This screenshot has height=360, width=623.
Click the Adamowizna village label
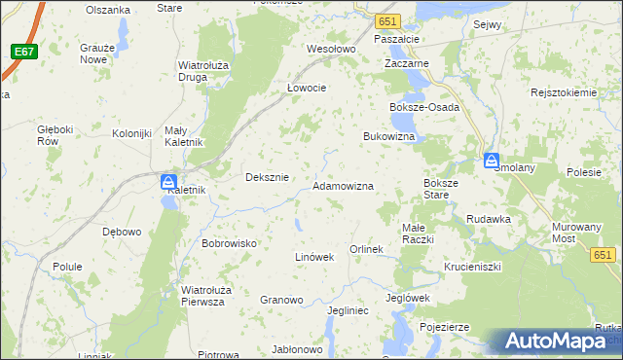point(343,185)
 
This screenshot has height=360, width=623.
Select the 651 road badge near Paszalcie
point(388,20)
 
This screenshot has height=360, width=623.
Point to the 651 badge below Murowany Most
point(604,254)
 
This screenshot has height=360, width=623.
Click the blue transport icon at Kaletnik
point(168,182)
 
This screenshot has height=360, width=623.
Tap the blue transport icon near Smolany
point(493,161)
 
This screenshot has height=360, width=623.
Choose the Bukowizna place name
point(389,137)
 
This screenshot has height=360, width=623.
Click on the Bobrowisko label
point(229,242)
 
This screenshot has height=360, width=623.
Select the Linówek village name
point(314,257)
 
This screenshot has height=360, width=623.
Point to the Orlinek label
point(367,250)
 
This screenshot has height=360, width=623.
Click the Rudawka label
point(489,219)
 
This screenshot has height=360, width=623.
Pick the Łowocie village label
point(306,87)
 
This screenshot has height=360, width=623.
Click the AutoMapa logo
point(559,341)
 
